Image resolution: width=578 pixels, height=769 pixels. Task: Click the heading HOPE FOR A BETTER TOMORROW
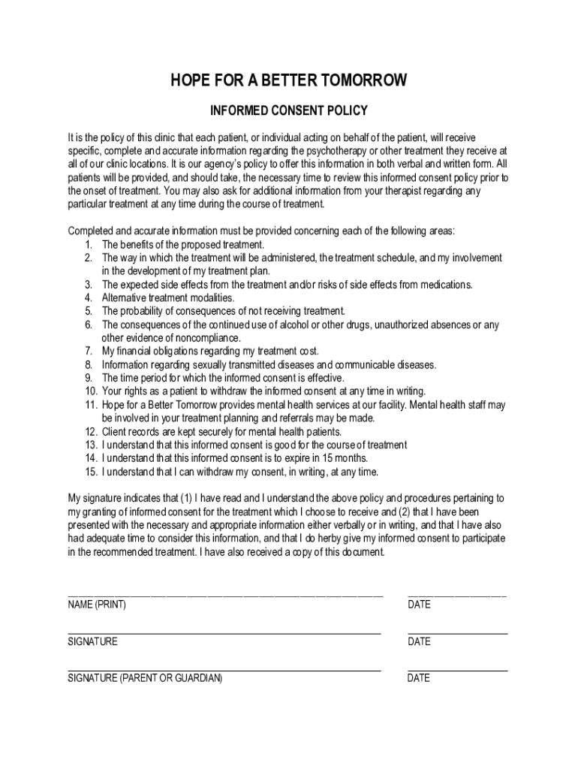[289, 80]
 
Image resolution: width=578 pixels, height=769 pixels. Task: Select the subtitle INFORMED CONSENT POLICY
[289, 111]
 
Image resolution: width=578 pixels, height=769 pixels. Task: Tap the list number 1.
[88, 245]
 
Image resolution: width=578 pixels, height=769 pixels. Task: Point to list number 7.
[88, 351]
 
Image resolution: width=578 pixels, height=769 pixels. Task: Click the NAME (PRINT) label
[97, 605]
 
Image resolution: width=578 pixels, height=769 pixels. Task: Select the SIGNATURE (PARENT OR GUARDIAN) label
[145, 678]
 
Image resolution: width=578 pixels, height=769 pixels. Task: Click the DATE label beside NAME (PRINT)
[419, 605]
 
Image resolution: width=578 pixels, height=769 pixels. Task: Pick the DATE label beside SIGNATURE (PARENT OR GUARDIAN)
[419, 678]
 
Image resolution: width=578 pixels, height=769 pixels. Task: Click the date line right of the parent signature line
[457, 669]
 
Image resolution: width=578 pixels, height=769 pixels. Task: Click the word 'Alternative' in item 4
[125, 298]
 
